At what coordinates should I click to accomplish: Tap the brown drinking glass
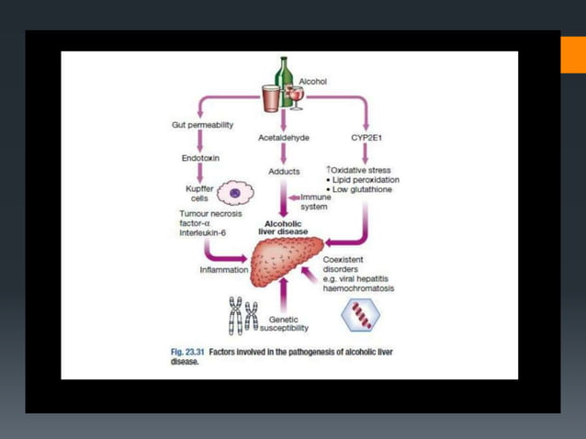pos(270,96)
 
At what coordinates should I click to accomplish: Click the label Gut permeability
pos(202,124)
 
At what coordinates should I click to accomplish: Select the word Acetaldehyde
pos(284,137)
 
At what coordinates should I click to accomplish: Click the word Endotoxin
pos(201,158)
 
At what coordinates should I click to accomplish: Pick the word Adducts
pos(284,171)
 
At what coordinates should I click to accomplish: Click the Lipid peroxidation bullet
pos(366,179)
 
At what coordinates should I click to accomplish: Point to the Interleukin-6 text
pos(202,233)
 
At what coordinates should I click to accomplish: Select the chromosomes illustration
pos(243,315)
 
